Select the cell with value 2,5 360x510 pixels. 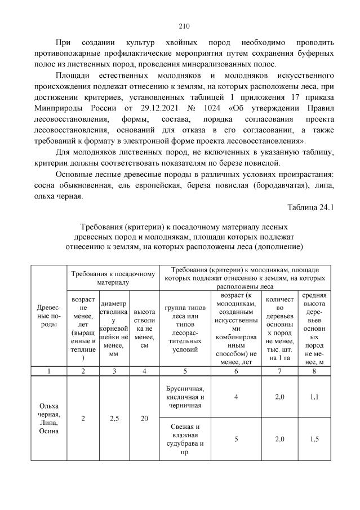pos(114,419)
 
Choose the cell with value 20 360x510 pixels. pos(145,419)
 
